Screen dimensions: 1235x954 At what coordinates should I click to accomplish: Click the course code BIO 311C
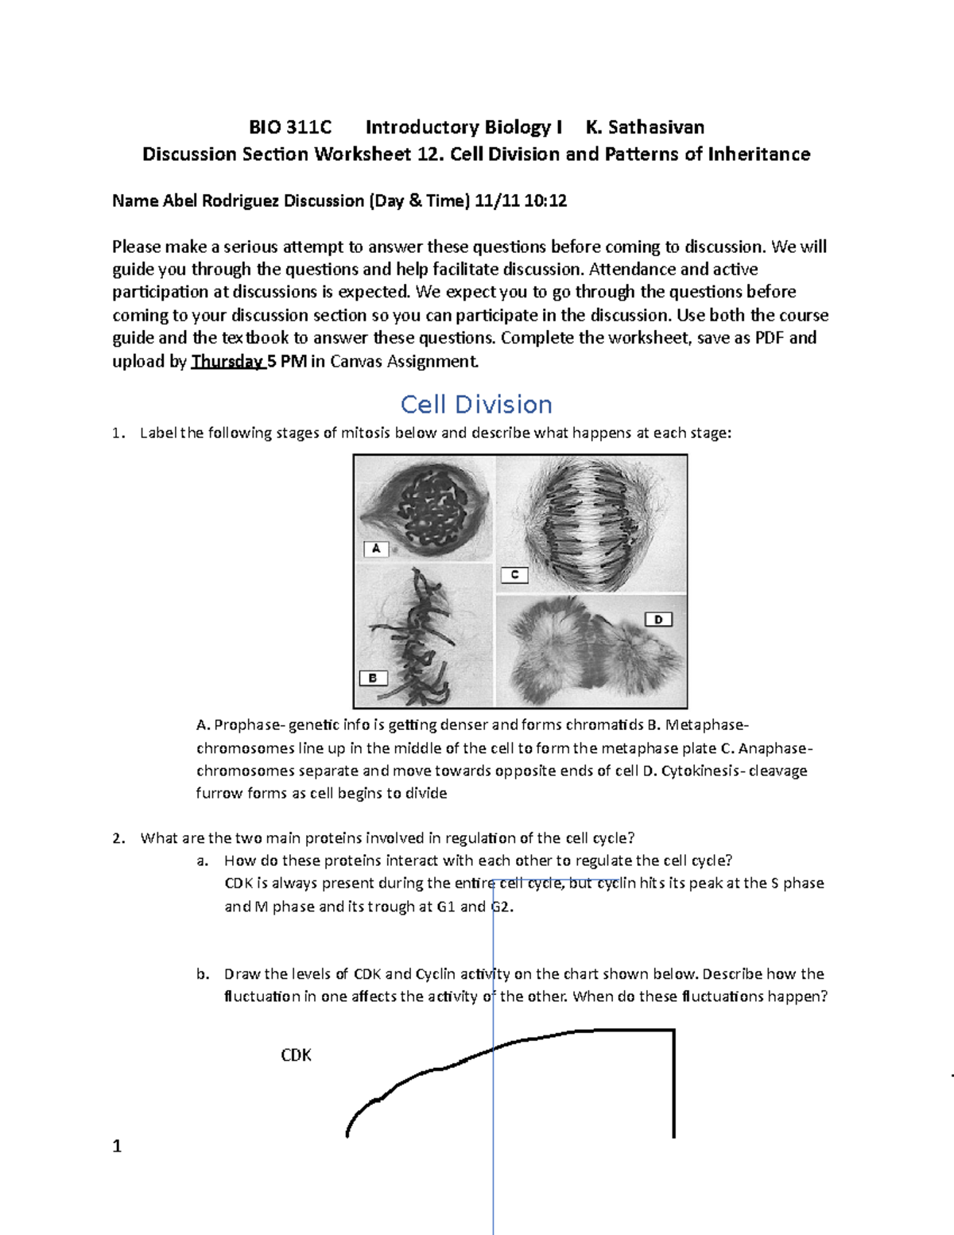(x=290, y=127)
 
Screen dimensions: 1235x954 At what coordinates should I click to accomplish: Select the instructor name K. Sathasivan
(x=645, y=127)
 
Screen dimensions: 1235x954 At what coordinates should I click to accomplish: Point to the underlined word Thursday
(x=227, y=361)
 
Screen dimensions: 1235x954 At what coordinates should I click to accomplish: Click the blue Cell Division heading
(x=476, y=404)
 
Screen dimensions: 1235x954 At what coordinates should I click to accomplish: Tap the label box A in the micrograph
(x=376, y=549)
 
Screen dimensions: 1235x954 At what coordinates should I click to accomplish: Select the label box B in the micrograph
(x=373, y=678)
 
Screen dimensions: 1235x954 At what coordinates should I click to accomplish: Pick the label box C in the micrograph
(x=514, y=575)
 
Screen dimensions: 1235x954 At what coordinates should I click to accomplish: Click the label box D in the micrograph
(x=658, y=619)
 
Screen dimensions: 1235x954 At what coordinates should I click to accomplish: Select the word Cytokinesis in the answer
(x=701, y=771)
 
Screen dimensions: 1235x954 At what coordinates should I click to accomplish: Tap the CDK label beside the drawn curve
(x=296, y=1055)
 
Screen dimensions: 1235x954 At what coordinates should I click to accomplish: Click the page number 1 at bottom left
(x=117, y=1146)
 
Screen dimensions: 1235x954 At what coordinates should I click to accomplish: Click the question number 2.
(x=118, y=838)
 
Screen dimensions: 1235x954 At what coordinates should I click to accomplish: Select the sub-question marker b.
(x=203, y=974)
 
